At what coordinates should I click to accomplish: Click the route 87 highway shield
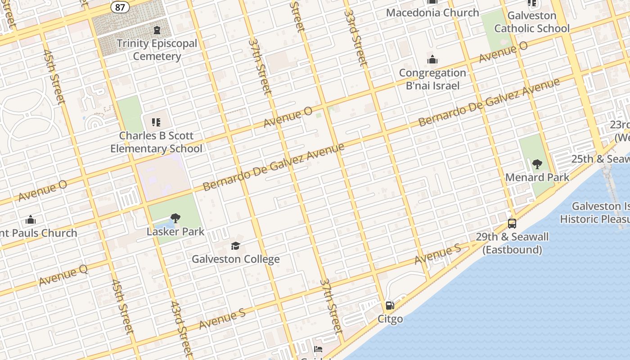click(x=121, y=7)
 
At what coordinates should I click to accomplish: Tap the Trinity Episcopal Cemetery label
click(x=157, y=50)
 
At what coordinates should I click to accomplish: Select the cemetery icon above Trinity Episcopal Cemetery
click(x=157, y=31)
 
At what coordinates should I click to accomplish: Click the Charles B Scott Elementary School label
click(x=156, y=142)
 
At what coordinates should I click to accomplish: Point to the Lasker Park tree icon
click(x=175, y=219)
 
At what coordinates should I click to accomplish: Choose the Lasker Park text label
click(x=175, y=232)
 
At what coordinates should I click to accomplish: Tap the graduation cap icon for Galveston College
click(x=236, y=246)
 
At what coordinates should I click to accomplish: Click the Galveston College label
click(x=236, y=259)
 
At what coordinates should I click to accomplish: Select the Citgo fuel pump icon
click(x=390, y=306)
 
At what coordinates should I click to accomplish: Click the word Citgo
click(x=390, y=319)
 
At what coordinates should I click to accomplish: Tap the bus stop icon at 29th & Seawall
click(x=512, y=223)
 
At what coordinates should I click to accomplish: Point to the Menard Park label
click(x=537, y=177)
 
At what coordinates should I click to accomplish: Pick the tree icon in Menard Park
click(x=537, y=164)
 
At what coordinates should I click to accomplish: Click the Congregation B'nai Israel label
click(x=432, y=79)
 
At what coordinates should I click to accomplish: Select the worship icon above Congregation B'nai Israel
click(x=432, y=59)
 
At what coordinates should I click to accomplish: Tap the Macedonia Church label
click(x=432, y=13)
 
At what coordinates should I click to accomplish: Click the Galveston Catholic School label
click(x=532, y=22)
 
